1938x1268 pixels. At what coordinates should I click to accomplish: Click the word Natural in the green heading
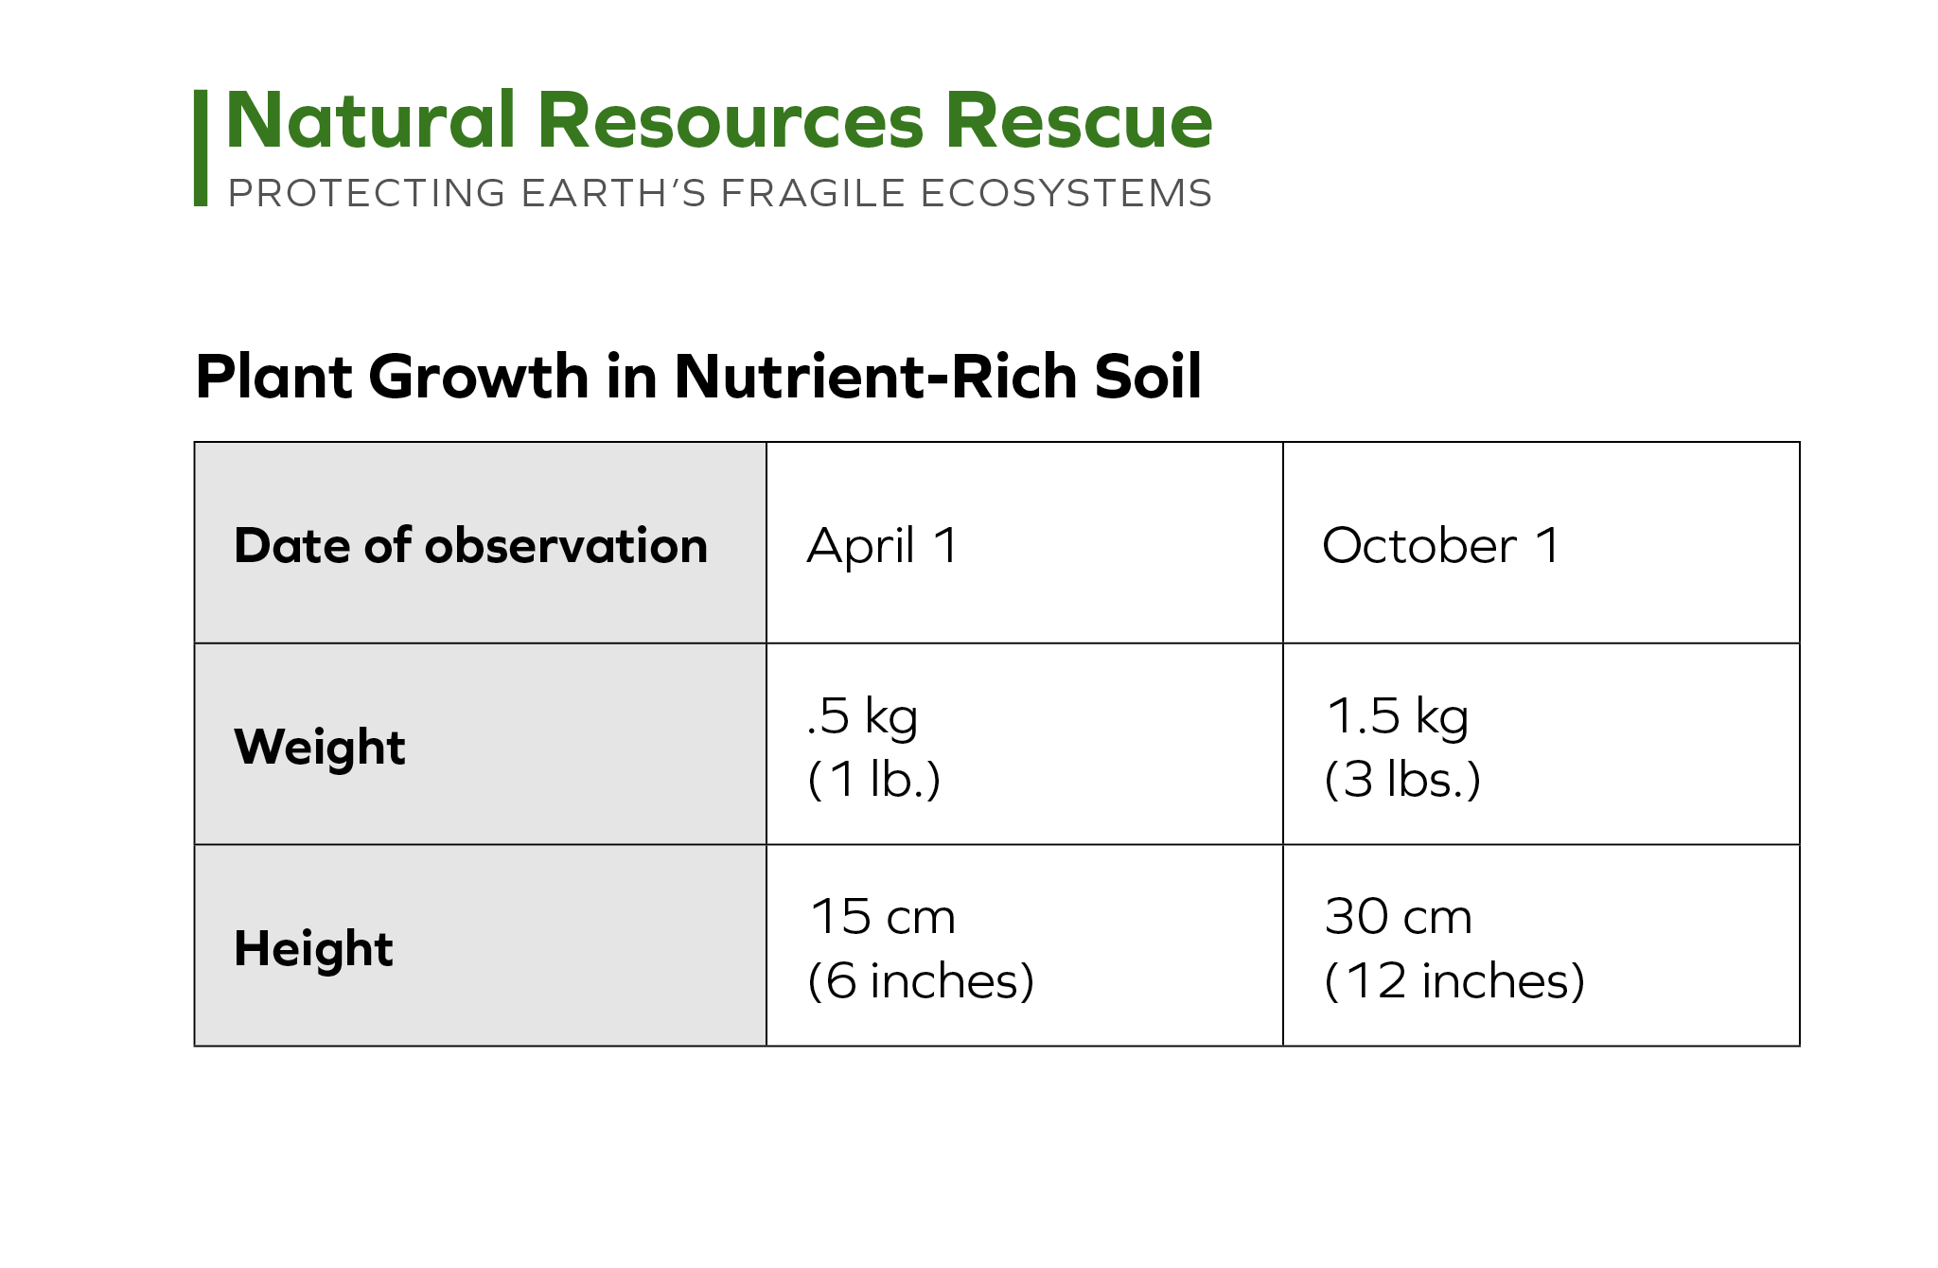[x=370, y=120]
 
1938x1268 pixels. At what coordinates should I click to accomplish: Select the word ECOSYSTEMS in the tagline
[x=1066, y=193]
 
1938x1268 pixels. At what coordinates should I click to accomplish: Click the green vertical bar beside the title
[x=201, y=148]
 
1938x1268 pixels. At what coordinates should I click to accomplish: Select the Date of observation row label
[x=470, y=545]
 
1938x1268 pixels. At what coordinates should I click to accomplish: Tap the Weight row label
[x=320, y=747]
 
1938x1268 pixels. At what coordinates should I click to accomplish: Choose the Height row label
[x=313, y=948]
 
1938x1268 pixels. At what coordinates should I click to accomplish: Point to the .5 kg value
[x=862, y=716]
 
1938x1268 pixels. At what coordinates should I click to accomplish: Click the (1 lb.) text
[x=874, y=780]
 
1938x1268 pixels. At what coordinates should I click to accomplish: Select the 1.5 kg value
[x=1398, y=716]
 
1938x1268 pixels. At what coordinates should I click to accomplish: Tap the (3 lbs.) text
[x=1402, y=780]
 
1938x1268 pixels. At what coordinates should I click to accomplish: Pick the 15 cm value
[x=883, y=916]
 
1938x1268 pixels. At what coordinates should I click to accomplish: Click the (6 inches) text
[x=921, y=981]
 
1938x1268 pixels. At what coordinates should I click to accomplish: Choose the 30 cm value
[x=1399, y=916]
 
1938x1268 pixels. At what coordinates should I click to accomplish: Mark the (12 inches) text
[x=1454, y=981]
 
